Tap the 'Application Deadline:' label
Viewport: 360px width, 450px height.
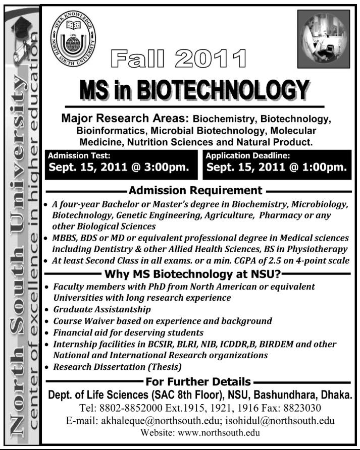pyautogui.click(x=247, y=156)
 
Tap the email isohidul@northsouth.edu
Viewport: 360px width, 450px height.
pyautogui.click(x=284, y=420)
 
